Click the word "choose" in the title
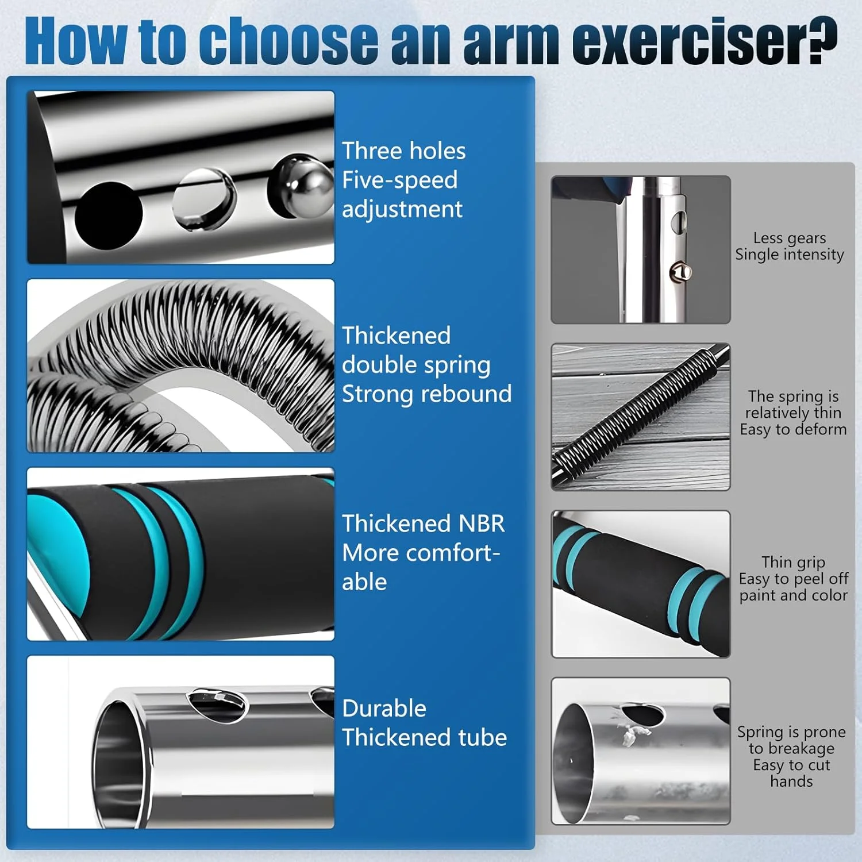tap(288, 40)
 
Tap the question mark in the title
tap(821, 40)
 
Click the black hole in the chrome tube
tap(109, 215)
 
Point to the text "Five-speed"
tap(400, 180)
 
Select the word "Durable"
tap(384, 709)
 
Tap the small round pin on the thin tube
tap(681, 271)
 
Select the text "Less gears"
tap(790, 238)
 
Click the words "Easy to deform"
tap(793, 429)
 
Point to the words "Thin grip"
tap(793, 562)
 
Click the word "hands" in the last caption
tap(791, 782)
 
